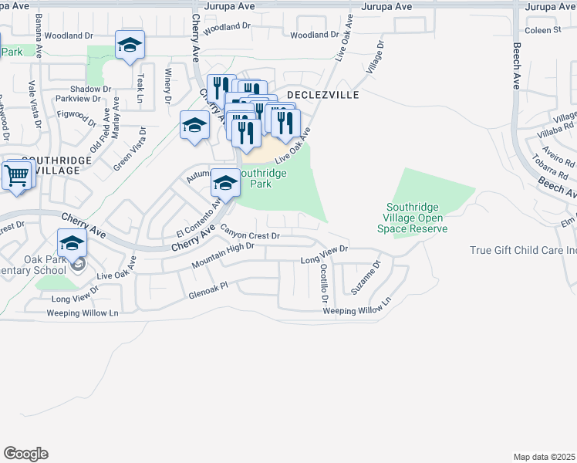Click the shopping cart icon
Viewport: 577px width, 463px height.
point(16,174)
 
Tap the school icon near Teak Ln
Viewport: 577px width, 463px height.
point(130,46)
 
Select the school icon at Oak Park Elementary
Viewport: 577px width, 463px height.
point(72,244)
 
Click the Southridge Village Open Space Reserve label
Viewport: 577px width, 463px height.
point(417,218)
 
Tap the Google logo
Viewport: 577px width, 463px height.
point(26,454)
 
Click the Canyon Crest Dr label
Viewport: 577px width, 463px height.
point(250,231)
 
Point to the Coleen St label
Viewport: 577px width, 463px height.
point(542,30)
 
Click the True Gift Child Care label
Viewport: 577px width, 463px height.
point(523,250)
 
